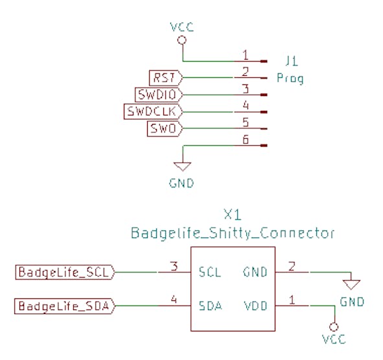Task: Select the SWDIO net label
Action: pos(159,95)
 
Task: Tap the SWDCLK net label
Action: pos(153,112)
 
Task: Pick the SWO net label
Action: pos(165,128)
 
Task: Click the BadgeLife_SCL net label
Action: pos(65,272)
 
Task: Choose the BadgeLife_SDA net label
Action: pos(65,306)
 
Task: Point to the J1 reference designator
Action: pos(292,61)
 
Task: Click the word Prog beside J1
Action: pos(290,78)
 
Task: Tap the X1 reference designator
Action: pos(233,215)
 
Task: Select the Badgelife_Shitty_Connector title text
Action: pos(233,233)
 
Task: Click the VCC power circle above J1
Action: pos(182,40)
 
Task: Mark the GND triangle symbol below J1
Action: pos(183,166)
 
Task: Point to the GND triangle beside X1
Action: pos(351,285)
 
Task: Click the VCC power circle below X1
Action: pos(334,327)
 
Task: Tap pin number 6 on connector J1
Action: pos(246,140)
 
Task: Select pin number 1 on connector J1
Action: pos(246,55)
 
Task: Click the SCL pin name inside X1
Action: pos(210,272)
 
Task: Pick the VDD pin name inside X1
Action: pos(256,306)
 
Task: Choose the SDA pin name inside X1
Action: pos(211,306)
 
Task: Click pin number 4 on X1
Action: pos(174,299)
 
